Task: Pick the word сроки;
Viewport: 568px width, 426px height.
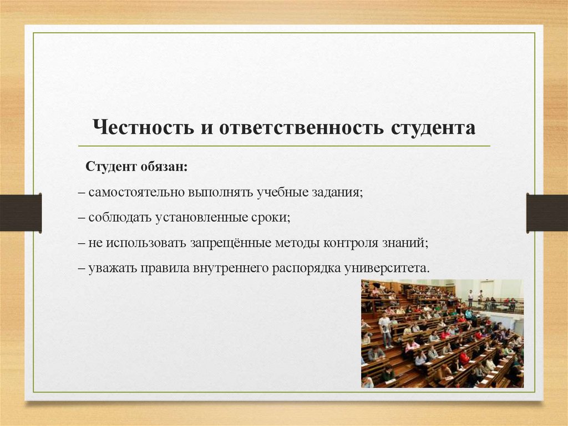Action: pos(271,218)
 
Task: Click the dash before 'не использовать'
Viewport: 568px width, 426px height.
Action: pos(81,243)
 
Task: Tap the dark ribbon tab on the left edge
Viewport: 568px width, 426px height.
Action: pos(21,213)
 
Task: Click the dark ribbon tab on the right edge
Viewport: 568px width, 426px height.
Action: pos(547,213)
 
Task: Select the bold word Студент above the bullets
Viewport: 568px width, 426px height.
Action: pos(109,167)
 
